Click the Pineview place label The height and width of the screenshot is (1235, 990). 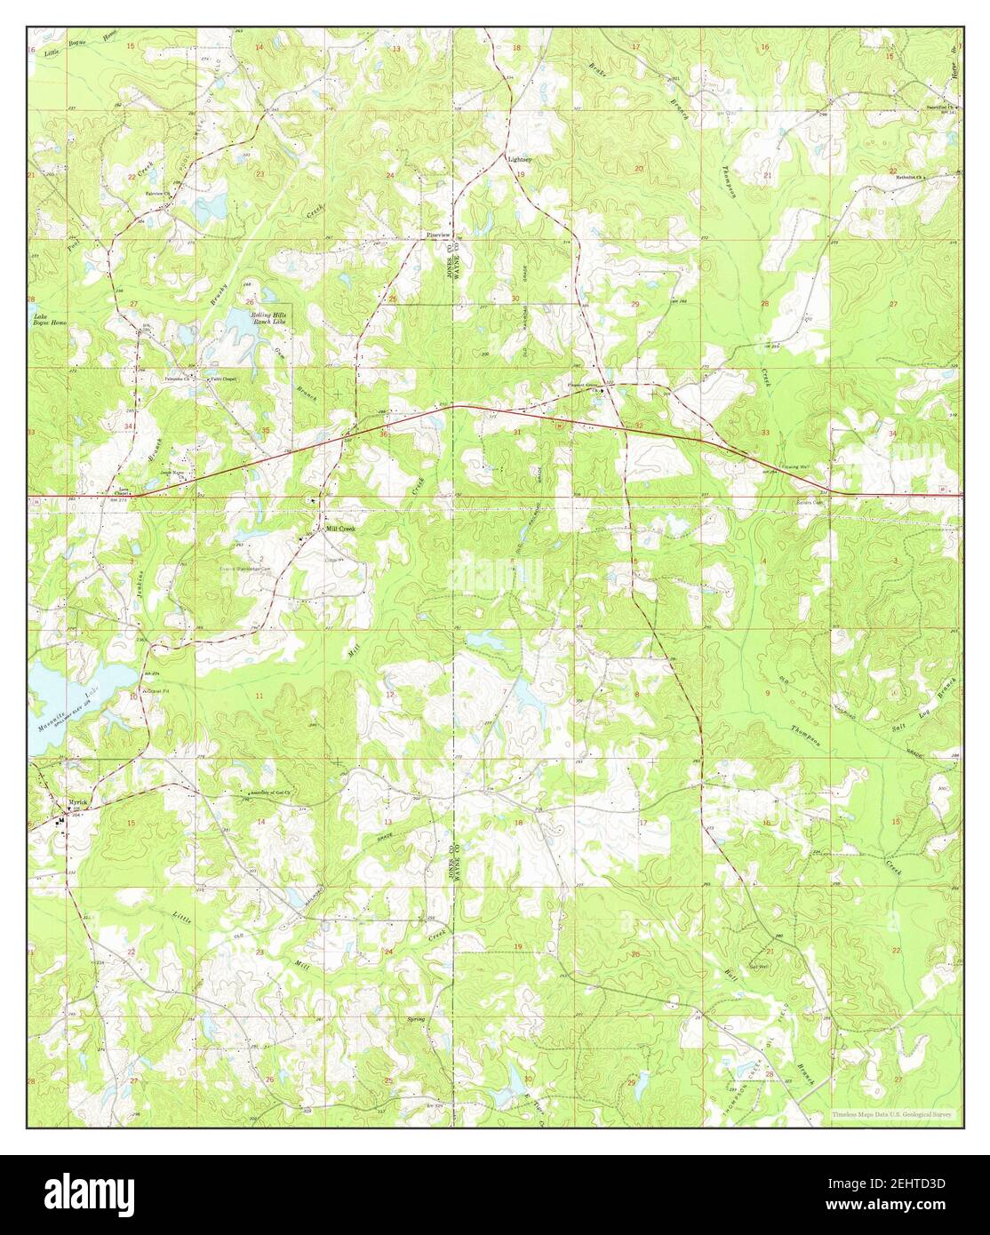[439, 234]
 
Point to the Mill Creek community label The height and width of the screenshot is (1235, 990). [339, 528]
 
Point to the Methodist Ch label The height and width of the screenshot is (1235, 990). [910, 177]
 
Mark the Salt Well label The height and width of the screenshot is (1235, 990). [758, 967]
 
